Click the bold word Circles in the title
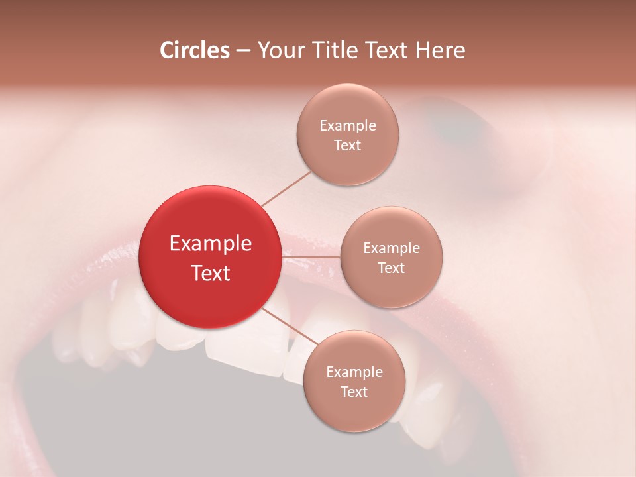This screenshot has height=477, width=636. tap(194, 50)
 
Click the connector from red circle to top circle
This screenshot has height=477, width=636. tap(286, 188)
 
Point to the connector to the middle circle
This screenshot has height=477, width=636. tap(311, 256)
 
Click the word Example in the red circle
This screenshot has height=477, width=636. tap(211, 244)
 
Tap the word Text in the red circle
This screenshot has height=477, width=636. tap(211, 273)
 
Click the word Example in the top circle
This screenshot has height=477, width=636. tap(348, 126)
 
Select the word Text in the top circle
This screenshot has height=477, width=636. tap(348, 146)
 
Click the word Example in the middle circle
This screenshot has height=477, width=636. tap(392, 248)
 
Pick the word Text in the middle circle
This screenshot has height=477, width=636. tap(392, 268)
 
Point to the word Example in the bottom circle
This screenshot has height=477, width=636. tap(354, 372)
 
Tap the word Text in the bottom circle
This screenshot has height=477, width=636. tap(354, 392)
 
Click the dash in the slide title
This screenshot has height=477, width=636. tap(243, 51)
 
